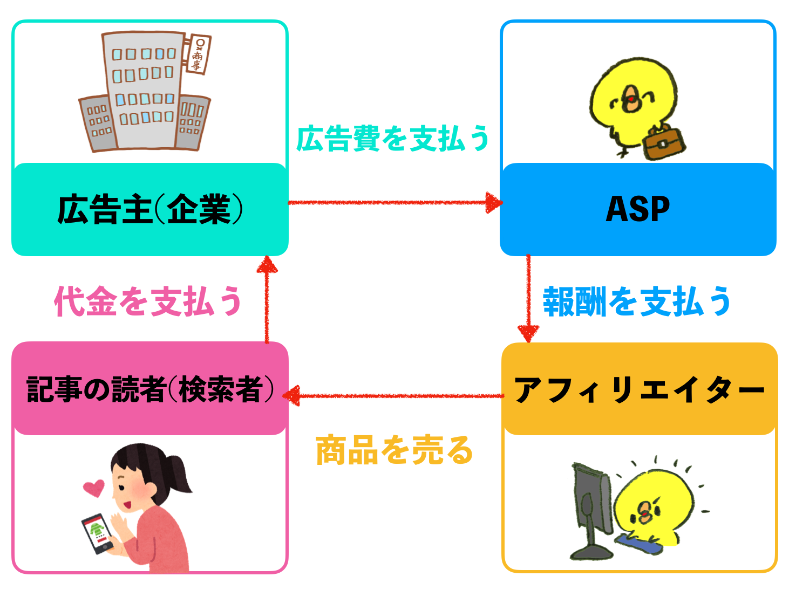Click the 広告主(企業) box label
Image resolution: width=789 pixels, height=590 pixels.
click(150, 209)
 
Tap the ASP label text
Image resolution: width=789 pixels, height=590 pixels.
click(638, 209)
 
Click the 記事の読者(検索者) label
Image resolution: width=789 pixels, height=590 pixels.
click(150, 389)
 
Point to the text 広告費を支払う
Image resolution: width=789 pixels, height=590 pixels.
click(393, 139)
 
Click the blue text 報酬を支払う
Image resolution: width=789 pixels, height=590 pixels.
click(637, 301)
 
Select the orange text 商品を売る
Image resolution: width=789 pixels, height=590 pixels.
click(394, 450)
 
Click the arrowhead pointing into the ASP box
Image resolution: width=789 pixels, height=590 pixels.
click(493, 203)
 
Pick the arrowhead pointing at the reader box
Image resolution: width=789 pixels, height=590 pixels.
click(292, 396)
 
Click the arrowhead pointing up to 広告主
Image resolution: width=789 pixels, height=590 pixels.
click(267, 265)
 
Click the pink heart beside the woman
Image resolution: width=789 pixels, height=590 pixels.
click(93, 488)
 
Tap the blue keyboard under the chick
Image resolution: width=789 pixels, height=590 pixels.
click(640, 543)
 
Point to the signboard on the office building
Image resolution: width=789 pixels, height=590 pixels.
click(198, 54)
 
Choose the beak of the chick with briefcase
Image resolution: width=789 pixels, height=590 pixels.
click(630, 100)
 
